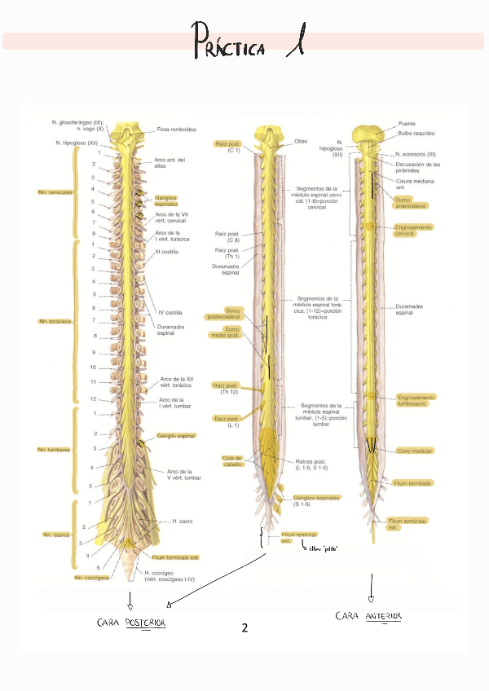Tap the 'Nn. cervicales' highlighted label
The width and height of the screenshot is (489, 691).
55,193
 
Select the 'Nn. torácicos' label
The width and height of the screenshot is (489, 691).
54,322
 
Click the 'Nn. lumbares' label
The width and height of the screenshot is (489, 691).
53,449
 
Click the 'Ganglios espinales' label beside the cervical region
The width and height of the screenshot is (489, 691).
169,200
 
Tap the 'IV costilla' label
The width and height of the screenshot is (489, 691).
170,312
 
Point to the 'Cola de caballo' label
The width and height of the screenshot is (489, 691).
233,461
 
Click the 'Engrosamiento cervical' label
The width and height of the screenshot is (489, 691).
414,230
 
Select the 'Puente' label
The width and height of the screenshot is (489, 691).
407,124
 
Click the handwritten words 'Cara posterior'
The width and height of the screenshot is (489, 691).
138,623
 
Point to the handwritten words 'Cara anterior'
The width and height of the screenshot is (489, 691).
369,617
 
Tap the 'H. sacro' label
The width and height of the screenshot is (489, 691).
181,520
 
